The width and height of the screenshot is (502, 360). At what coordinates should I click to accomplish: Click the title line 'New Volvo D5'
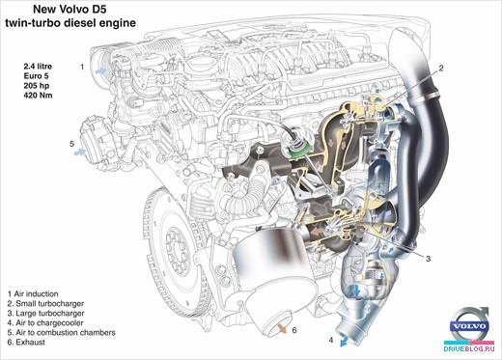coord(70,10)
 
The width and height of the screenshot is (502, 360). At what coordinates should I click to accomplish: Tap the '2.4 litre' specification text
coord(38,67)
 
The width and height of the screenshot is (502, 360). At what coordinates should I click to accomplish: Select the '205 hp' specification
coord(37,86)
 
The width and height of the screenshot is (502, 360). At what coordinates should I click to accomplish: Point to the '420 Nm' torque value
coord(38,96)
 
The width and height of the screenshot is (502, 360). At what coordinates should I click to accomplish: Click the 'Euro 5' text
coord(36,76)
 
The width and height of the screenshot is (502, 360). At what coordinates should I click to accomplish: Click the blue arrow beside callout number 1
coord(101,70)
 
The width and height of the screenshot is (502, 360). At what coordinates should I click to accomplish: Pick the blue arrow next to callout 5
coord(80,152)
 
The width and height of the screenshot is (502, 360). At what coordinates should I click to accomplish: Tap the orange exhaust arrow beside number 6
coord(282,328)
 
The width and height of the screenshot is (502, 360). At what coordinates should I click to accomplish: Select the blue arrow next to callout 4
coord(346,341)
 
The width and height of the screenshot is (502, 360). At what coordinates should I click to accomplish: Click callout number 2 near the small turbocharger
coord(441,68)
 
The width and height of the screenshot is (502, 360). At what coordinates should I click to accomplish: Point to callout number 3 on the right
coord(428,259)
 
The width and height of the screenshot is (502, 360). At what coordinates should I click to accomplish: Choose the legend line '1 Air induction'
coord(33,293)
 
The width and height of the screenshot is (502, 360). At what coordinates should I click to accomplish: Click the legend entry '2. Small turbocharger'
coord(45,303)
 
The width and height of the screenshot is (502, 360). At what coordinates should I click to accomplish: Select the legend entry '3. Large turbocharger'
coord(45,313)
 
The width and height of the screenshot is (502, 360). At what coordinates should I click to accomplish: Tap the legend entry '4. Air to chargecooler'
coord(45,322)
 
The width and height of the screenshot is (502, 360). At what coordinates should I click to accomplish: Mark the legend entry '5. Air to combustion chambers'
coord(62,332)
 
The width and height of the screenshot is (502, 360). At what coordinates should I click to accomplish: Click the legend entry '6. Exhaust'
coord(26,342)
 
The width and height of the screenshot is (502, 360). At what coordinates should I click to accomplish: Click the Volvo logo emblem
coord(470,325)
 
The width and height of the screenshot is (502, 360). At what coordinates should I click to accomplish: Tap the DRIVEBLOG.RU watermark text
coord(468,348)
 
